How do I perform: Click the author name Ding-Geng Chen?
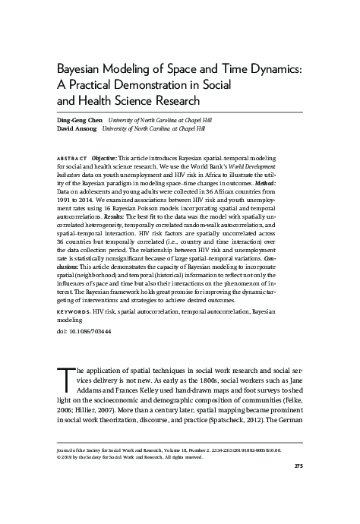coord(81,121)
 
